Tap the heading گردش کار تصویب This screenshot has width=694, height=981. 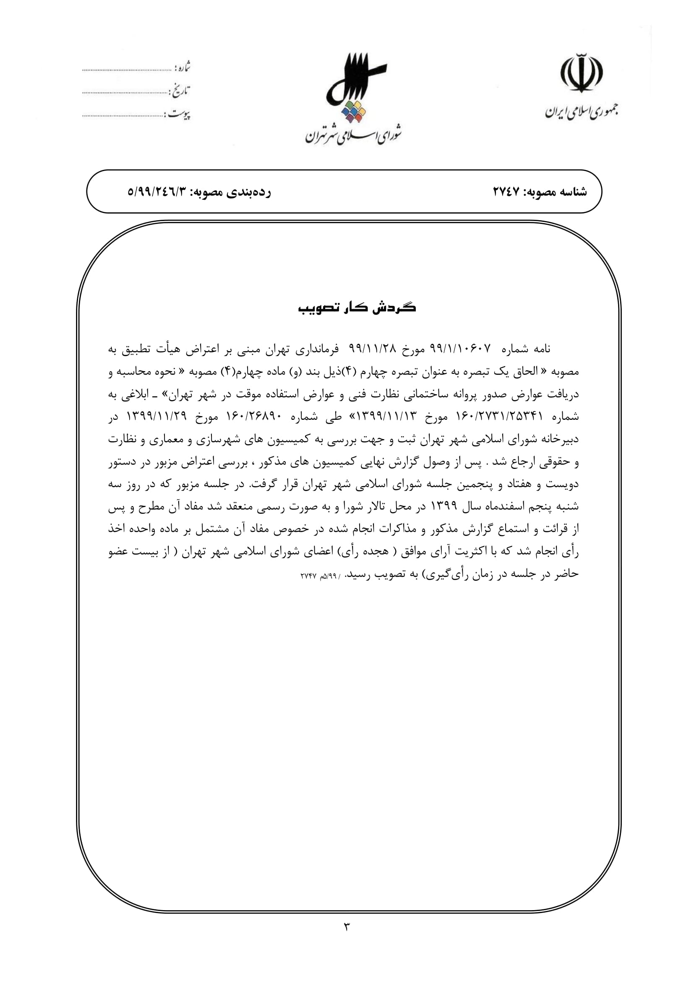(357, 308)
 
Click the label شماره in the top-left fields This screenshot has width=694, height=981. (183, 68)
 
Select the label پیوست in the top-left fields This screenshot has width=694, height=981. (179, 114)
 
